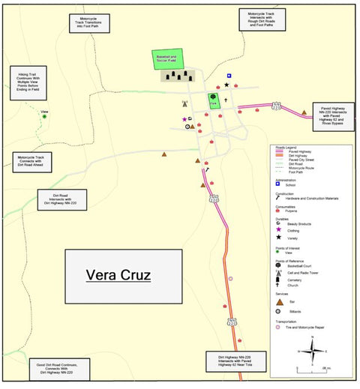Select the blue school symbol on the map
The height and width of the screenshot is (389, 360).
[229, 76]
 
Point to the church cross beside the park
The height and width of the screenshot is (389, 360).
[224, 100]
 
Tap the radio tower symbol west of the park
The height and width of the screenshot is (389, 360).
[184, 104]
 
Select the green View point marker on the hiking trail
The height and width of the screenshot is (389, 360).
[44, 116]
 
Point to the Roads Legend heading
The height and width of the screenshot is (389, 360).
[287, 146]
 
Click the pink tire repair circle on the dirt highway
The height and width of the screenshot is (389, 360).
[230, 279]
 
